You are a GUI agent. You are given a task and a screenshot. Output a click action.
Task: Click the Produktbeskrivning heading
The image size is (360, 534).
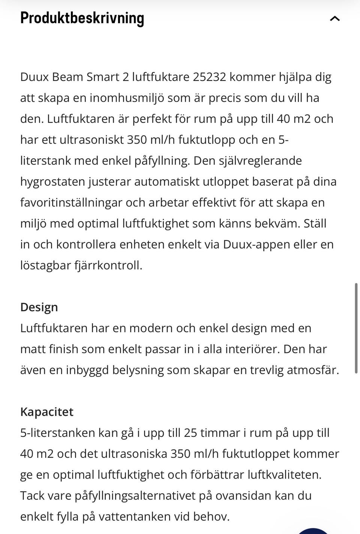coord(82,18)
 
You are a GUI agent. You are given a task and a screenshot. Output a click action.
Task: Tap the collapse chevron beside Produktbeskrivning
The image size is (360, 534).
coord(334,18)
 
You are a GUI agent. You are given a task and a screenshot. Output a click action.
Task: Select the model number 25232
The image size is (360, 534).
coord(209,77)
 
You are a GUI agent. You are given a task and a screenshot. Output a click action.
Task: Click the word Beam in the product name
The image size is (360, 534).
coord(67,77)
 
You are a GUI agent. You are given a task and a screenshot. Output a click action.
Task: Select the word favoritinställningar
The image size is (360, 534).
coord(71,203)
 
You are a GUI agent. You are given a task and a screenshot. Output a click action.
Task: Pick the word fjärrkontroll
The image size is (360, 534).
coord(109,265)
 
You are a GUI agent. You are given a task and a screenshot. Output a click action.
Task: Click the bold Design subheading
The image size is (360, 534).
coord(39,307)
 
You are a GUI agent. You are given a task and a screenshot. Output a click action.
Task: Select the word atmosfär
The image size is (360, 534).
coord(312,370)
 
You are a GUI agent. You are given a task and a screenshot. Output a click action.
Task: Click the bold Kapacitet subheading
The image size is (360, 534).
coord(47,412)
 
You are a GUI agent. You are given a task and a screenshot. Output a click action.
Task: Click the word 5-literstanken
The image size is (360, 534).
coord(57,433)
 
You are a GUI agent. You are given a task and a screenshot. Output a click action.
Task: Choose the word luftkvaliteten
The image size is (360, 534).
coord(284,475)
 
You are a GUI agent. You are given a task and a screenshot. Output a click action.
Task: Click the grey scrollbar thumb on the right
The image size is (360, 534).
coord(356,328)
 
